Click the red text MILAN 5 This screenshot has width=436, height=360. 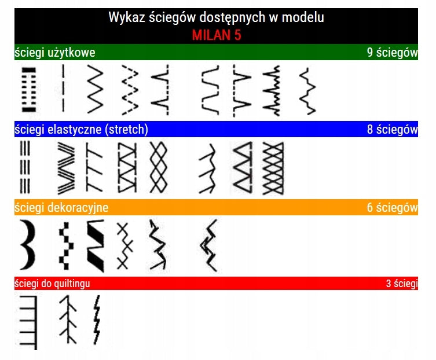click(217, 35)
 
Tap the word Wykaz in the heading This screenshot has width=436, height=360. click(127, 17)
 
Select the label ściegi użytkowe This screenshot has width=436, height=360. click(55, 53)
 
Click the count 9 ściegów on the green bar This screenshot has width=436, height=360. click(393, 53)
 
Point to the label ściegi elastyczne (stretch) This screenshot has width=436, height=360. click(81, 130)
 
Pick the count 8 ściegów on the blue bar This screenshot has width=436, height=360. click(393, 129)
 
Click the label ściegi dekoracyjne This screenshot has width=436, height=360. click(61, 208)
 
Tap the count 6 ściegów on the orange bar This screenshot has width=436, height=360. click(393, 207)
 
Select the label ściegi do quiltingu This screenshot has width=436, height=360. click(52, 284)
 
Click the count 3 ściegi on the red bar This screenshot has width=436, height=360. click(402, 284)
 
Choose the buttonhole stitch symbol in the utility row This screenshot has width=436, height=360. click(29, 90)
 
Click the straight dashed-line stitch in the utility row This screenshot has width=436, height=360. click(63, 88)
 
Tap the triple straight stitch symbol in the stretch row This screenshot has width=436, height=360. click(25, 167)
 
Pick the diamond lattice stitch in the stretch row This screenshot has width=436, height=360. click(159, 167)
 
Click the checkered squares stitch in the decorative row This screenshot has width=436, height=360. click(67, 246)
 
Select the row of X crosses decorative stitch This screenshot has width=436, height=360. click(124, 246)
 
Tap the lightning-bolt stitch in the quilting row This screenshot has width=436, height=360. click(97, 319)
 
